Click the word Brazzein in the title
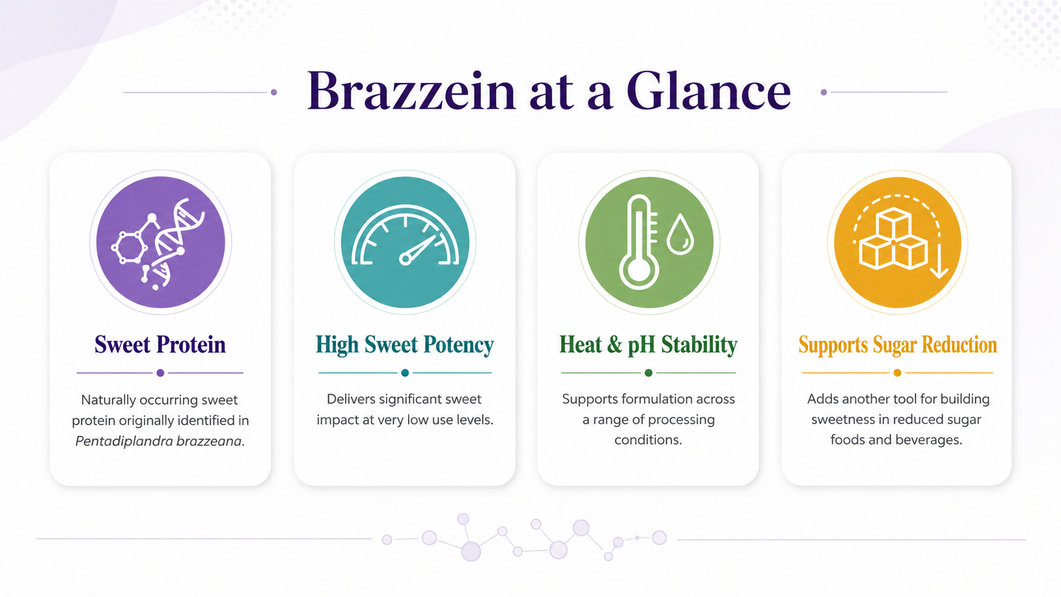(411, 91)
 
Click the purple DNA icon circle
(161, 242)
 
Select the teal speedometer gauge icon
(405, 235)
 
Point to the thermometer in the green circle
(639, 242)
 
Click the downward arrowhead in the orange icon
(939, 273)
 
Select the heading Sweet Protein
(160, 344)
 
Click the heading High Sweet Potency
(405, 344)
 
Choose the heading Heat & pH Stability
(649, 344)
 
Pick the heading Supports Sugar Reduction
(897, 344)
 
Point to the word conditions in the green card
(647, 440)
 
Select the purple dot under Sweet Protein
(161, 373)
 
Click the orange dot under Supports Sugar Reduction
(897, 373)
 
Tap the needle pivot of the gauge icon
(405, 259)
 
